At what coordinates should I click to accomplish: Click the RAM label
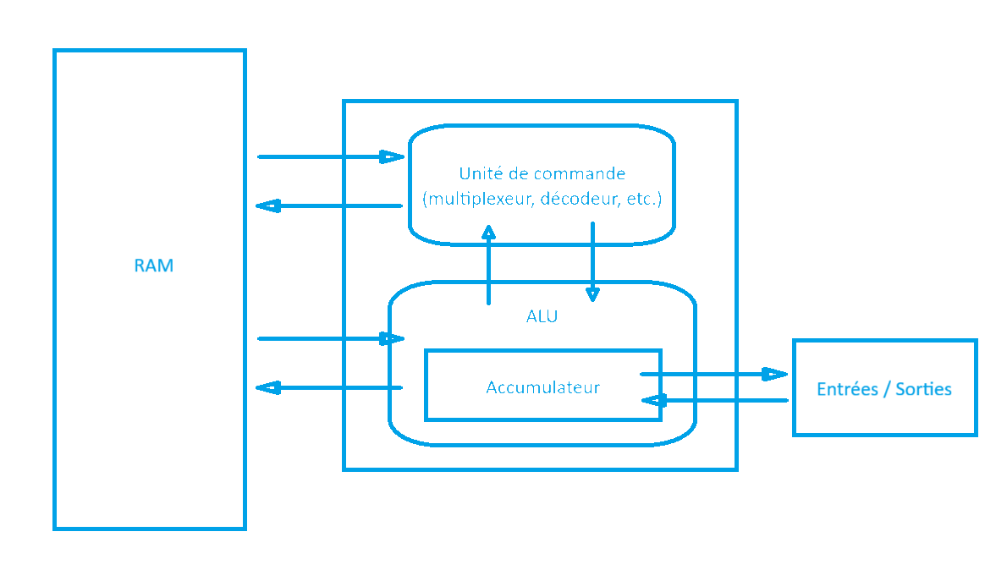pos(153,266)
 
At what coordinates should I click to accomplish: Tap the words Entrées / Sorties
pos(884,389)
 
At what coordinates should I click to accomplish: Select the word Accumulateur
pos(542,387)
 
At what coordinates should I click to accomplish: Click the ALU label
pos(542,317)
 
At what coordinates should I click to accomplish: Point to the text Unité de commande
pos(542,174)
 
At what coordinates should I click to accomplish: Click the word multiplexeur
pos(478,200)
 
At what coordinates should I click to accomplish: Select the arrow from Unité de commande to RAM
pos(330,206)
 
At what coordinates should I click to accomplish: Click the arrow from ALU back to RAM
pos(330,388)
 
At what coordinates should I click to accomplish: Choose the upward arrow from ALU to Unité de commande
pos(488,266)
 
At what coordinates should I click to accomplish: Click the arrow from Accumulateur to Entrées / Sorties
pos(711,374)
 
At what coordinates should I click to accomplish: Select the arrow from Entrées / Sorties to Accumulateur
pos(719,400)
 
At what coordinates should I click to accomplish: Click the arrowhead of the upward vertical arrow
pos(488,233)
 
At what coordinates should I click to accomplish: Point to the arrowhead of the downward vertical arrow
pos(592,294)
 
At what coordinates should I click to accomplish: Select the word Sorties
pos(923,389)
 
